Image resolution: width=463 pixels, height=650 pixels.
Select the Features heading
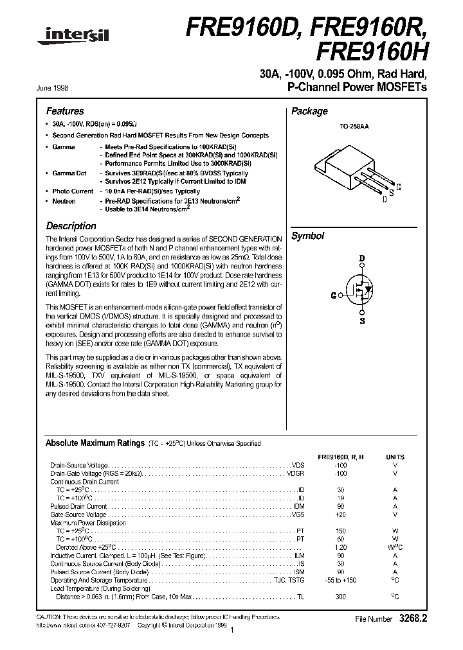point(65,111)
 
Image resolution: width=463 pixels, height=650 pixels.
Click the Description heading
point(71,226)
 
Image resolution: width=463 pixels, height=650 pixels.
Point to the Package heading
point(309,111)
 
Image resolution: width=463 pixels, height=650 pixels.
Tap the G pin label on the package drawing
point(399,187)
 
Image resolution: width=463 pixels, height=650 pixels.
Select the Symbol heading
point(308,236)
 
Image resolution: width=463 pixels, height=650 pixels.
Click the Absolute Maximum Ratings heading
point(95,443)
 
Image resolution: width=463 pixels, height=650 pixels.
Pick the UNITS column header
point(395,457)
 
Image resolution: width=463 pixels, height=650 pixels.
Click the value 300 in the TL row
point(340,597)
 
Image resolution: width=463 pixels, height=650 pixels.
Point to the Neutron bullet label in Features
point(64,201)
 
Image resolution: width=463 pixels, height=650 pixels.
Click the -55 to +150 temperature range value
point(340,580)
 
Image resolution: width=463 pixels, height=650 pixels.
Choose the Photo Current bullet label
point(73,191)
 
